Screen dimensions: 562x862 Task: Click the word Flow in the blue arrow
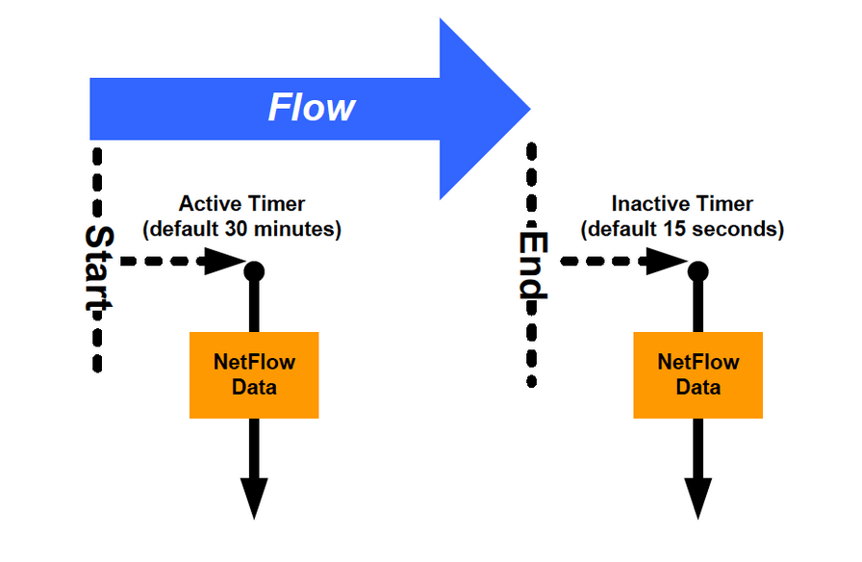[311, 108]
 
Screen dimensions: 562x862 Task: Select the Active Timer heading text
[241, 204]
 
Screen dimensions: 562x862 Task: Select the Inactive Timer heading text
[682, 204]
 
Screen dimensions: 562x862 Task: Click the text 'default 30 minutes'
[241, 230]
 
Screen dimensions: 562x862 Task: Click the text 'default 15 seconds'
[682, 230]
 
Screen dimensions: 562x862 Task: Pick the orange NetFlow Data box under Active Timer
[254, 375]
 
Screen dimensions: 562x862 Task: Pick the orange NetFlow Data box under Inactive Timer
[697, 375]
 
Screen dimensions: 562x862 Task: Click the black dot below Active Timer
[254, 271]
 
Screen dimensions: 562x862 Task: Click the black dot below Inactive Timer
[697, 270]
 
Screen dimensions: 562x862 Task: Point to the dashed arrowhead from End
[667, 261]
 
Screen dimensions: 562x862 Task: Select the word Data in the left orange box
[254, 387]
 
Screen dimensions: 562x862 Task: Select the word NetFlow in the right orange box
[697, 363]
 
